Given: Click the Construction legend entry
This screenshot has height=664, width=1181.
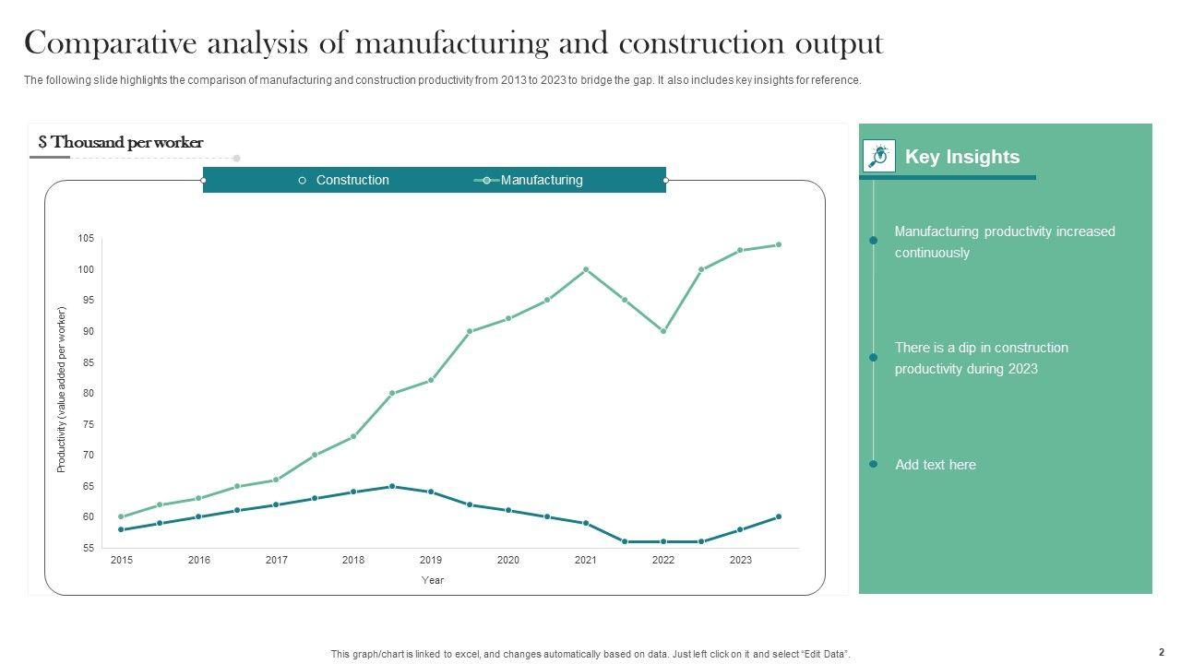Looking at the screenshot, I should click(352, 180).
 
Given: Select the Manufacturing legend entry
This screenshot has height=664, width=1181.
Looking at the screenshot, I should click(541, 180).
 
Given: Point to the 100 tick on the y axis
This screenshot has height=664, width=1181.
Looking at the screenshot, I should click(86, 269).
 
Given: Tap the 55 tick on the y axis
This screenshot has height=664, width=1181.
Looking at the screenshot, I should click(88, 548).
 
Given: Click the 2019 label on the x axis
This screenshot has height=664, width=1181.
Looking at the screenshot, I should click(430, 560).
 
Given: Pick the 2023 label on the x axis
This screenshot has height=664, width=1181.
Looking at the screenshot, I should click(740, 560).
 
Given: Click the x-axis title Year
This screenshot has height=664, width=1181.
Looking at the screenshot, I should click(433, 580).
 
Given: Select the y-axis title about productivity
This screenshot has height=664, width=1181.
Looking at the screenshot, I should click(62, 389).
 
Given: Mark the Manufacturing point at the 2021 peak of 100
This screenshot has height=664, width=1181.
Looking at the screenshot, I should click(586, 269).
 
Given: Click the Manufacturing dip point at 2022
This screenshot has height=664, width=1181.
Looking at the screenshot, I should click(662, 331).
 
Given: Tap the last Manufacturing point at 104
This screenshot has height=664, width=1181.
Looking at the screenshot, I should click(779, 244).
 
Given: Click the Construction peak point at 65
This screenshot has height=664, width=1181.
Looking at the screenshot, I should click(392, 486).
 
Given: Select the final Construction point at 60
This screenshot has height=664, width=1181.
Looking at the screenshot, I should click(779, 516).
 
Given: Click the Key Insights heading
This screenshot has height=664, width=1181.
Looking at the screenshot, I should click(961, 157).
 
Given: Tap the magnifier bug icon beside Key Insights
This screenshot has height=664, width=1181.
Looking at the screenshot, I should click(879, 156).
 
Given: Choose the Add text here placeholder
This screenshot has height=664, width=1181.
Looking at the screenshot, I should click(935, 465).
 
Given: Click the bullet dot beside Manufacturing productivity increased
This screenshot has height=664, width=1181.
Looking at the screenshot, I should click(873, 241).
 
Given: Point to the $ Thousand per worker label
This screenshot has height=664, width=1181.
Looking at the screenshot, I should click(121, 142).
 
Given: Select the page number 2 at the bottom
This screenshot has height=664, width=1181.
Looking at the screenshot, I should click(1161, 652).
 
